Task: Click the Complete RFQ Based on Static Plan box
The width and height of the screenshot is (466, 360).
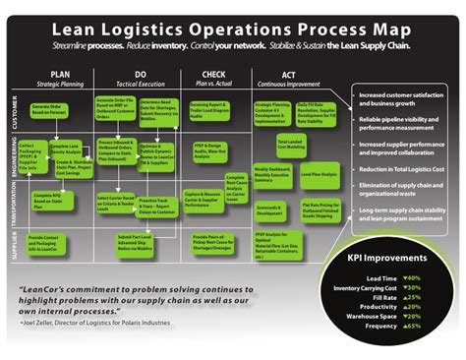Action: pos(48,201)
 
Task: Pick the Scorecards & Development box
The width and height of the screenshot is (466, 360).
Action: pos(270,210)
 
